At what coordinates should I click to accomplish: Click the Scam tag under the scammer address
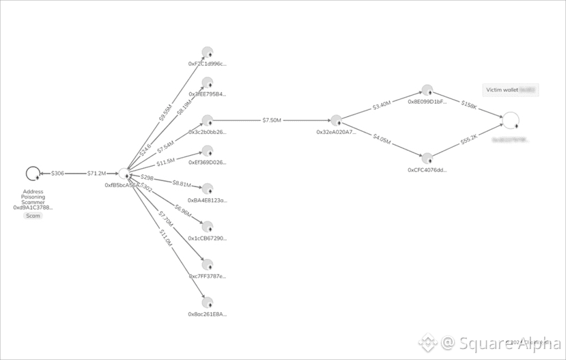(33, 216)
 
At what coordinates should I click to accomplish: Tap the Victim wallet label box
(511, 89)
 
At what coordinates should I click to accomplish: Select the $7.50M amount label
(271, 120)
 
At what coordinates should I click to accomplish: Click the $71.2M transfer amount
(96, 174)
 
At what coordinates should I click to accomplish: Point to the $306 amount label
(57, 174)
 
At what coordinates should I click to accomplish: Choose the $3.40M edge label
(382, 105)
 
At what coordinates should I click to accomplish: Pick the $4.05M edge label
(382, 138)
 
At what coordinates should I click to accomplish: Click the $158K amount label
(469, 105)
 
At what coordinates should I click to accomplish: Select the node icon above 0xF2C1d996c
(208, 52)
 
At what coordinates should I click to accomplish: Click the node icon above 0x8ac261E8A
(208, 303)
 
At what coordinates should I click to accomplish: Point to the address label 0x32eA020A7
(336, 132)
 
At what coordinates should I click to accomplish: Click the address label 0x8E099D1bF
(427, 101)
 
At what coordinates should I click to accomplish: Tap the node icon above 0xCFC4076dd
(427, 158)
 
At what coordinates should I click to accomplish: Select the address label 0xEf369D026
(208, 163)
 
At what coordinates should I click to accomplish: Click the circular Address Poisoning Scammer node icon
(32, 174)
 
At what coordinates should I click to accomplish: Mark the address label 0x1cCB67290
(208, 238)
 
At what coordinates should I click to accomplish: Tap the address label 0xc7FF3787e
(208, 276)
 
